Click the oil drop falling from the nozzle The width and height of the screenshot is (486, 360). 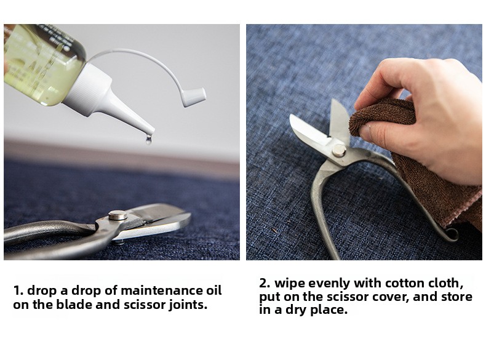coord(148,140)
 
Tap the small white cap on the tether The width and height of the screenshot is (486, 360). coord(194,97)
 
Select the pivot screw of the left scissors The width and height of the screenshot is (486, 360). coord(118,215)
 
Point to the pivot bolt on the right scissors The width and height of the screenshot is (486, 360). coord(339,151)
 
